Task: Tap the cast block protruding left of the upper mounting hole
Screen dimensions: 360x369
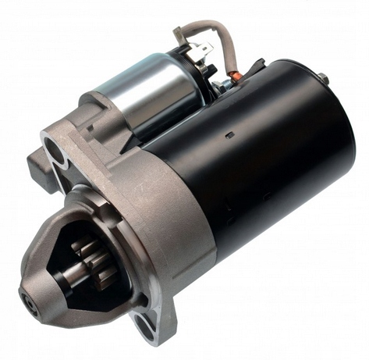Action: click(35, 164)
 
